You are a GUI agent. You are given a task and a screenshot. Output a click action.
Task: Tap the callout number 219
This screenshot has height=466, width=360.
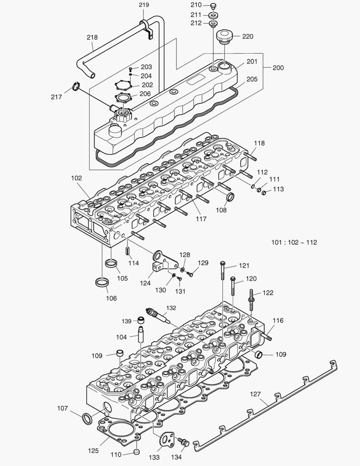[144, 5]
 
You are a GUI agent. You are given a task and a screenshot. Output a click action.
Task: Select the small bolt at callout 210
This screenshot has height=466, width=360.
[213, 6]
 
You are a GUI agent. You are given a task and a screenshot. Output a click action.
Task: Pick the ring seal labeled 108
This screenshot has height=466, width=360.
[230, 198]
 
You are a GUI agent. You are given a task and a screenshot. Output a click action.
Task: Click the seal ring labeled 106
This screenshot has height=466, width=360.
[102, 283]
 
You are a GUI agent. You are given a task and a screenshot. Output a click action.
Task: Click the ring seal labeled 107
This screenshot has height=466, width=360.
[87, 418]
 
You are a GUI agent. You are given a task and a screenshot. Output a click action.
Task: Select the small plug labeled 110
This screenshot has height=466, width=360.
[137, 452]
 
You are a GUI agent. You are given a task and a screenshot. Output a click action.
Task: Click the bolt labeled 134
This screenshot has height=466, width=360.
[185, 443]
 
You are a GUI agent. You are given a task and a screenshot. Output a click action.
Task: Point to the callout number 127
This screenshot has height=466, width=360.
[255, 394]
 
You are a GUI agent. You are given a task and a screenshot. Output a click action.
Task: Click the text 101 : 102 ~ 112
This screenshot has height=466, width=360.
[294, 242]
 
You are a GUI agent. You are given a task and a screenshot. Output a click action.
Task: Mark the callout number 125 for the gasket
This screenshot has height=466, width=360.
[93, 451]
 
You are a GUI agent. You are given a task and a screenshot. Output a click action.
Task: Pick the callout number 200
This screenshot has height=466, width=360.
[278, 68]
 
